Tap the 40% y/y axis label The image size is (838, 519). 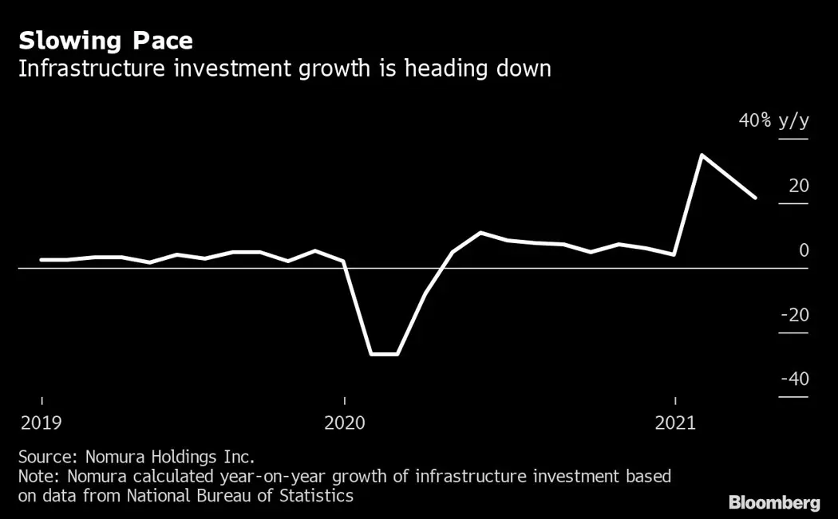coord(773,121)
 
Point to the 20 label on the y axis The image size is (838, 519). coord(798,186)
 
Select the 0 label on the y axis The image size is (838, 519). coord(804,250)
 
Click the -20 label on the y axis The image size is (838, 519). coord(794,315)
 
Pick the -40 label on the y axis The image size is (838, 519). coord(794,379)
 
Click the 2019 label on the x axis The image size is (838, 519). coord(42,423)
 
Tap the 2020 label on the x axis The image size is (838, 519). coord(344,423)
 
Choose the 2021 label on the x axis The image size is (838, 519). coord(675,423)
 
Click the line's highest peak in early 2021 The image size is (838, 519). coord(701,155)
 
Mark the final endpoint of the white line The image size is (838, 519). coord(755,197)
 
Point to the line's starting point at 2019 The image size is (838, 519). coord(42,260)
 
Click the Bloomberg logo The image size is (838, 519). coord(773,503)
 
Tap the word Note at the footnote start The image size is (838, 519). coord(35,477)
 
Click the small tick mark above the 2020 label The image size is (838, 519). coord(344,400)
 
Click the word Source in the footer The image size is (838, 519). coord(43,458)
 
